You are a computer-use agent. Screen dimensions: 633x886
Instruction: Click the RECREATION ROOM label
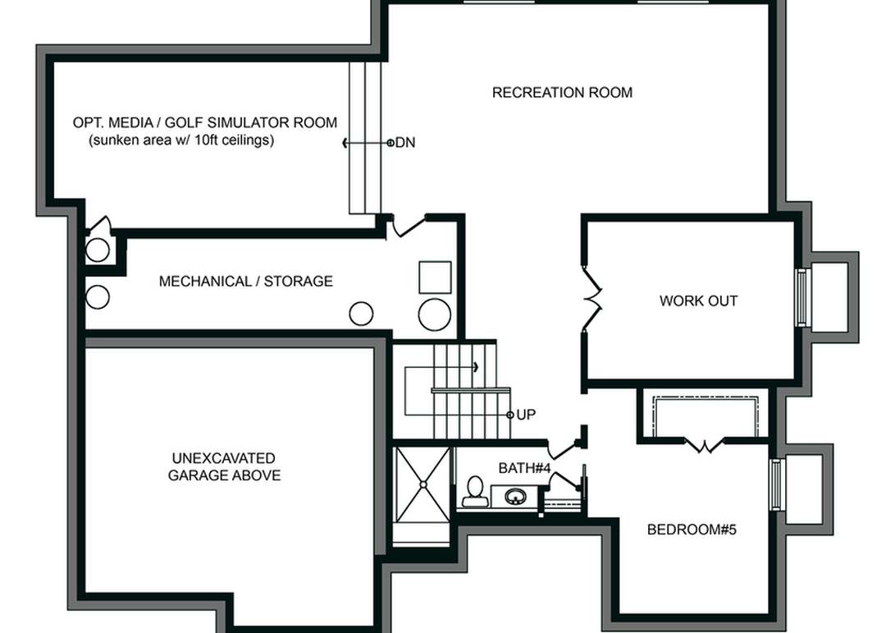pyautogui.click(x=562, y=93)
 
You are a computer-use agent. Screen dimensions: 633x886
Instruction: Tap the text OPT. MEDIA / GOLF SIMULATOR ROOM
pyautogui.click(x=204, y=122)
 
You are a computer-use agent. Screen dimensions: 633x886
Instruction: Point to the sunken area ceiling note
pyautogui.click(x=181, y=140)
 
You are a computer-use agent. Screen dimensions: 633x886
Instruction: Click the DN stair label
pyautogui.click(x=404, y=143)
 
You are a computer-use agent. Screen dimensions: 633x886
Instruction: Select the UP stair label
pyautogui.click(x=526, y=415)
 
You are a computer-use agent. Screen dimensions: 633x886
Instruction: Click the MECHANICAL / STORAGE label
pyautogui.click(x=245, y=282)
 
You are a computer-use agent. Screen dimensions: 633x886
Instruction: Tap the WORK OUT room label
pyautogui.click(x=698, y=301)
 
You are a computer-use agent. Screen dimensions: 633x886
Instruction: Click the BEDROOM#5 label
pyautogui.click(x=692, y=530)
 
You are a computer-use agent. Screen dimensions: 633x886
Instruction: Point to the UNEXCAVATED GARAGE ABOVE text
pyautogui.click(x=224, y=466)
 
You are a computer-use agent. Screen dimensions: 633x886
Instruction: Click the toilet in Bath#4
pyautogui.click(x=473, y=491)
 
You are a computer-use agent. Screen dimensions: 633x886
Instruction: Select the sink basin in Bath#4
pyautogui.click(x=515, y=497)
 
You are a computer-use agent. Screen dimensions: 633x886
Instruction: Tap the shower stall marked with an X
pyautogui.click(x=422, y=484)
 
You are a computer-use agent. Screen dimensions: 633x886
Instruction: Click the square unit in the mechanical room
pyautogui.click(x=435, y=278)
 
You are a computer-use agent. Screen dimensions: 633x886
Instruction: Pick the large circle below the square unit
pyautogui.click(x=434, y=314)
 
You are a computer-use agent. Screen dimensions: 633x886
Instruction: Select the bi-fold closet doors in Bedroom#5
pyautogui.click(x=703, y=445)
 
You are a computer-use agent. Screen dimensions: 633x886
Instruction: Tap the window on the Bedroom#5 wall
pyautogui.click(x=776, y=484)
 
